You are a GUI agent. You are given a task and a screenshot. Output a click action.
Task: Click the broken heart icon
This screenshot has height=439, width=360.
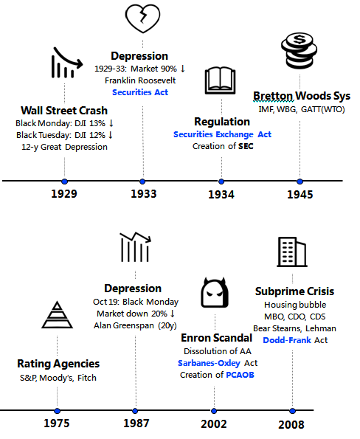143,18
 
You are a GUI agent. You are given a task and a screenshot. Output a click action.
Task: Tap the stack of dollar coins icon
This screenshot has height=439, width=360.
299,50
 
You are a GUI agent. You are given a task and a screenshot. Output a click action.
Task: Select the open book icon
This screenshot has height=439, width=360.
221,80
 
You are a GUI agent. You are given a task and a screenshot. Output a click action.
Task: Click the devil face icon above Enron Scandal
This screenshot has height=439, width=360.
215,293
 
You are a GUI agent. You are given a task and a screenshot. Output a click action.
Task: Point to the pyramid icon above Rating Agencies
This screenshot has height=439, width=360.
57,315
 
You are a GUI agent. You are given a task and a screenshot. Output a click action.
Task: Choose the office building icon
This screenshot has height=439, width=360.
292,252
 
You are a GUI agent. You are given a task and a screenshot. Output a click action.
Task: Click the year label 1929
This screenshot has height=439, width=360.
64,194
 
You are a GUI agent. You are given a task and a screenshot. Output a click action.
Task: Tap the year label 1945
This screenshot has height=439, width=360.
300,195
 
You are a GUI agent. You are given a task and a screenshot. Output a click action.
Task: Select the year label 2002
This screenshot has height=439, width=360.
214,424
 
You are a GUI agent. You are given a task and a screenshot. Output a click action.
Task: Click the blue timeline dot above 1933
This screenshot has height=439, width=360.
142,182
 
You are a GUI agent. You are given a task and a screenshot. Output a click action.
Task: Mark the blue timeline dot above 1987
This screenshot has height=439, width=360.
135,411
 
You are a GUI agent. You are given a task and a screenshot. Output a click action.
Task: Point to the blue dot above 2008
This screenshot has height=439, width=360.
293,411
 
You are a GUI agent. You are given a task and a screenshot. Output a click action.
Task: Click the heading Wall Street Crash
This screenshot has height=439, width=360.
64,111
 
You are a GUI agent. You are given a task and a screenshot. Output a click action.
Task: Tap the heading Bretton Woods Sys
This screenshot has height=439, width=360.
302,96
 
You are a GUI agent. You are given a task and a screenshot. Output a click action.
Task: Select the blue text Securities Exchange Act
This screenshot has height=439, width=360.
222,134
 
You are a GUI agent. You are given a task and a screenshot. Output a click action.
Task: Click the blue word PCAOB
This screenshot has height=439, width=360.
240,375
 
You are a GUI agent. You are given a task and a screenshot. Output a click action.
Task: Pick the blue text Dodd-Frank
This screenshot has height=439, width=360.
287,340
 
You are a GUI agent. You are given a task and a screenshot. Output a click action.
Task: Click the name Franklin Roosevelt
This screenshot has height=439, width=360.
140,80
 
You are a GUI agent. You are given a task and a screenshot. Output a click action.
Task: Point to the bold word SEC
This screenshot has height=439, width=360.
246,146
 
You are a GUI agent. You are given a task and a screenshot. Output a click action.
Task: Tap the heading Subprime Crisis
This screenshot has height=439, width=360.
294,291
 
